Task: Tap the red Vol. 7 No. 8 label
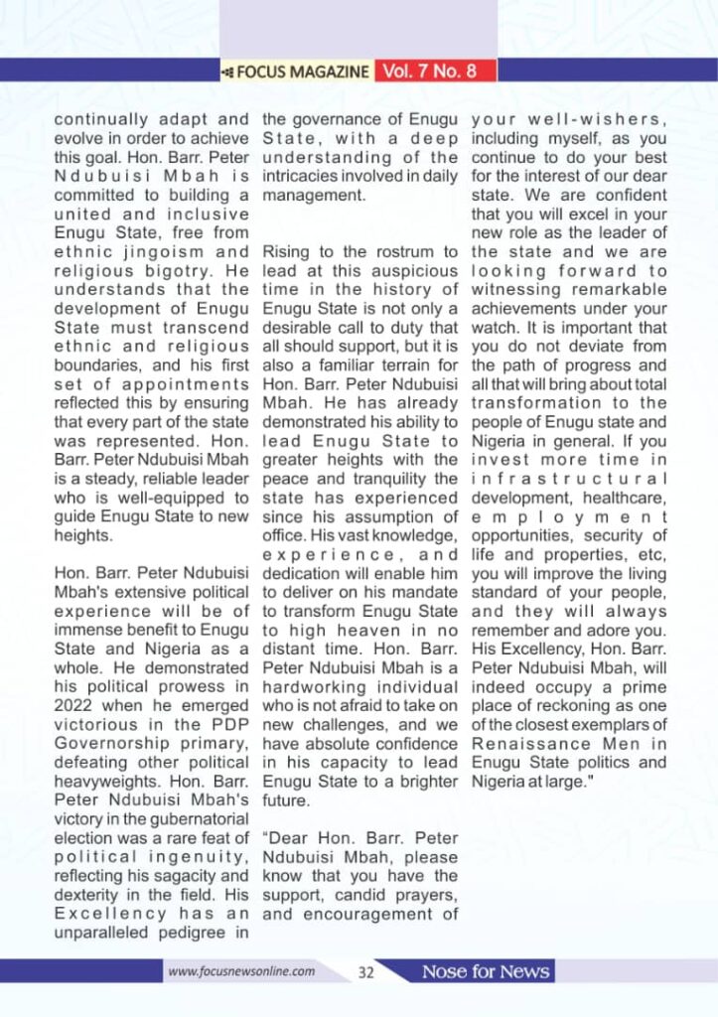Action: click(435, 72)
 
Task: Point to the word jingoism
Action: click(164, 251)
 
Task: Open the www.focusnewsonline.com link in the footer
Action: click(242, 971)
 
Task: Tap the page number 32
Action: click(365, 972)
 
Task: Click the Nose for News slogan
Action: click(486, 971)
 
